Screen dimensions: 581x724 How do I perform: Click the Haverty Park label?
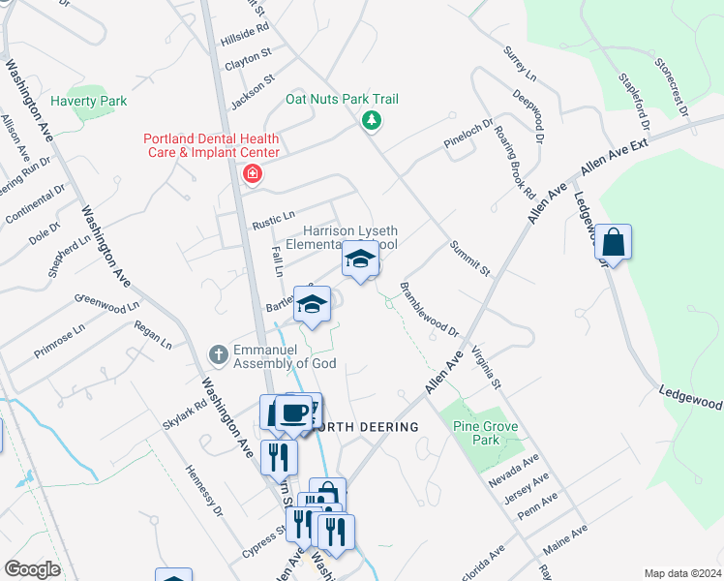tap(89, 101)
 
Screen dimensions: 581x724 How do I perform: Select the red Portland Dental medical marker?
tap(253, 174)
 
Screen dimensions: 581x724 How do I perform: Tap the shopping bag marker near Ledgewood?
tap(614, 242)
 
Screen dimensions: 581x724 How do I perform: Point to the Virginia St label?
tap(485, 369)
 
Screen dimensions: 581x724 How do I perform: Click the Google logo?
tap(33, 569)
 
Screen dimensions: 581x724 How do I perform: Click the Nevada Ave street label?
tap(515, 470)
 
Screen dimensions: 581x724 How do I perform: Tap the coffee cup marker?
tap(293, 413)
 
